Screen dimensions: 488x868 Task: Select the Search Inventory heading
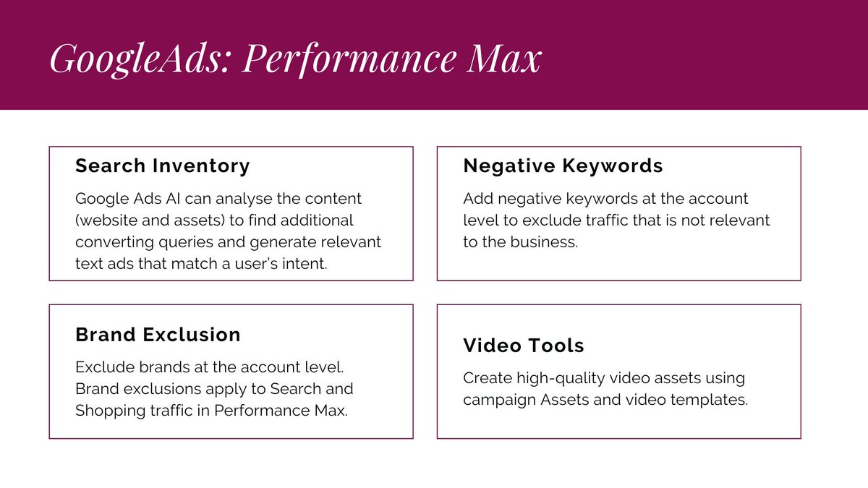click(x=163, y=166)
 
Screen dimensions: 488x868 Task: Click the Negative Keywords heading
click(x=563, y=166)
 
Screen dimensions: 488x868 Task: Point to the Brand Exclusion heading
click(x=158, y=335)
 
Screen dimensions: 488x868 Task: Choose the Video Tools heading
click(x=524, y=346)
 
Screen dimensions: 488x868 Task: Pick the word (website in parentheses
click(x=105, y=220)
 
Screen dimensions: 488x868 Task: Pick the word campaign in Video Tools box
click(x=499, y=400)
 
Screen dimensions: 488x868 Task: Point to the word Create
click(x=485, y=378)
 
